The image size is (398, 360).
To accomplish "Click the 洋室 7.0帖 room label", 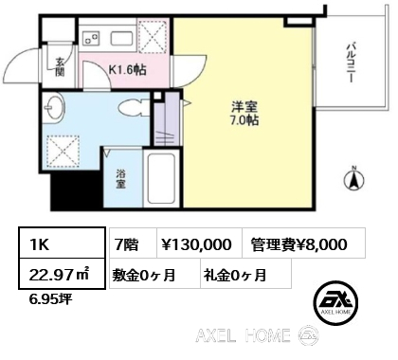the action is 245,114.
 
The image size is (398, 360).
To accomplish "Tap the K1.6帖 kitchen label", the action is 127,70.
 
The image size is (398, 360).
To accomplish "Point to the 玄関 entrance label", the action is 60,67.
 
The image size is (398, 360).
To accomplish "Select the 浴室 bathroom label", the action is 120,179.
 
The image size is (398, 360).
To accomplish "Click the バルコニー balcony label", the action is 351,63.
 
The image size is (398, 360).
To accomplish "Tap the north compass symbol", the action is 353,179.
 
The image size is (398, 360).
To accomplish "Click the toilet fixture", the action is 134,108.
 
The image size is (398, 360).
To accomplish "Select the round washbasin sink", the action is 54,107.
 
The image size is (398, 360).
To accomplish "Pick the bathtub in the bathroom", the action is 161,179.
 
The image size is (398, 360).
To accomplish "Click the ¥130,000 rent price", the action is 196,244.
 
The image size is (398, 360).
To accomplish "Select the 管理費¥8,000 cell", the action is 298,244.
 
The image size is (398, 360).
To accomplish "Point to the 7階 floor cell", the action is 126,244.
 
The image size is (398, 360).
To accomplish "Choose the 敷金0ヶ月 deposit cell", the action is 144,275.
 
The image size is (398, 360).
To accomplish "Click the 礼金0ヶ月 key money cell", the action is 235,275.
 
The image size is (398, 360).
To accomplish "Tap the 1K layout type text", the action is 39,244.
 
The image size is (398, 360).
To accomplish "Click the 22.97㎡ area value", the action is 60,275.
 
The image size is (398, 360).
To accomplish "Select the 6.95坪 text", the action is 50,298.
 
